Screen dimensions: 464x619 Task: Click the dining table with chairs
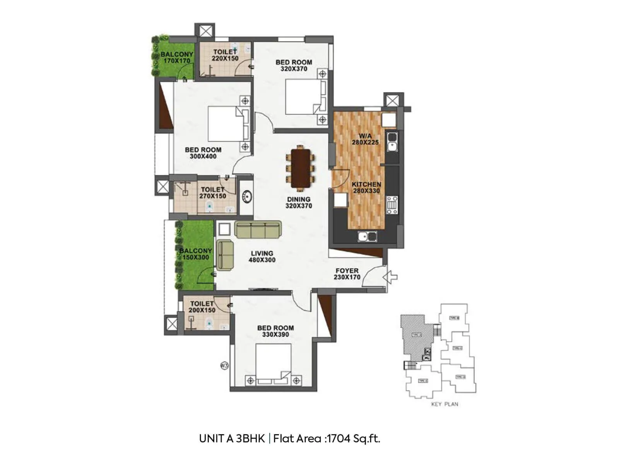301,168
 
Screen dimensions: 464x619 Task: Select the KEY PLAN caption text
445,404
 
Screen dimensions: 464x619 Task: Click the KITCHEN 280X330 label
366,188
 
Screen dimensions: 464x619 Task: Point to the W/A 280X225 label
365,139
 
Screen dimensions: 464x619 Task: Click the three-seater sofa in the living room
258,230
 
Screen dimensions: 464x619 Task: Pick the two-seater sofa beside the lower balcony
225,255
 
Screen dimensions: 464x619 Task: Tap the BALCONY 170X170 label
177,58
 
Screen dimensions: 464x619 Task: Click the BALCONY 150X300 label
195,254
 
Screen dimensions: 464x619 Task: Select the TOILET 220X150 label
225,55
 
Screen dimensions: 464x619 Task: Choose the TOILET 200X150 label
202,307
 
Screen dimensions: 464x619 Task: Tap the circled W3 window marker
224,365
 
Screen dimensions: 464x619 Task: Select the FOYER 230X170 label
347,274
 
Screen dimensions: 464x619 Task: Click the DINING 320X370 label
299,203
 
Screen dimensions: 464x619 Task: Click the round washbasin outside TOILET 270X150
246,197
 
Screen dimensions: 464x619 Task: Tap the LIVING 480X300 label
262,257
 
